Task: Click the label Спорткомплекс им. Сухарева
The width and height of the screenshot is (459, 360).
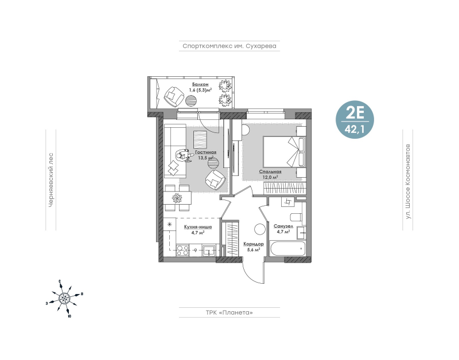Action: pos(229,46)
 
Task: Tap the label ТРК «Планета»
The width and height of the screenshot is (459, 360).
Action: pos(229,312)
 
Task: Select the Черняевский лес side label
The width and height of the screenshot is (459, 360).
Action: pos(50,180)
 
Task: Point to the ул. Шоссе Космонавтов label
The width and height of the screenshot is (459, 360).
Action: pos(408,181)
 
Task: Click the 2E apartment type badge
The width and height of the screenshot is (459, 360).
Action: pos(355,119)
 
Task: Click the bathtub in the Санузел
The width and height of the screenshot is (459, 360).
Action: pos(287,248)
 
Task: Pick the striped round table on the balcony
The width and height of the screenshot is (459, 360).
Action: pos(191,101)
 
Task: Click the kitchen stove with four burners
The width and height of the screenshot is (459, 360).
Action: pos(182,251)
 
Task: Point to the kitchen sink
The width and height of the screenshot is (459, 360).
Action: pos(209,251)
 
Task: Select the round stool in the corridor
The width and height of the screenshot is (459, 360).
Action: pos(260,229)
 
